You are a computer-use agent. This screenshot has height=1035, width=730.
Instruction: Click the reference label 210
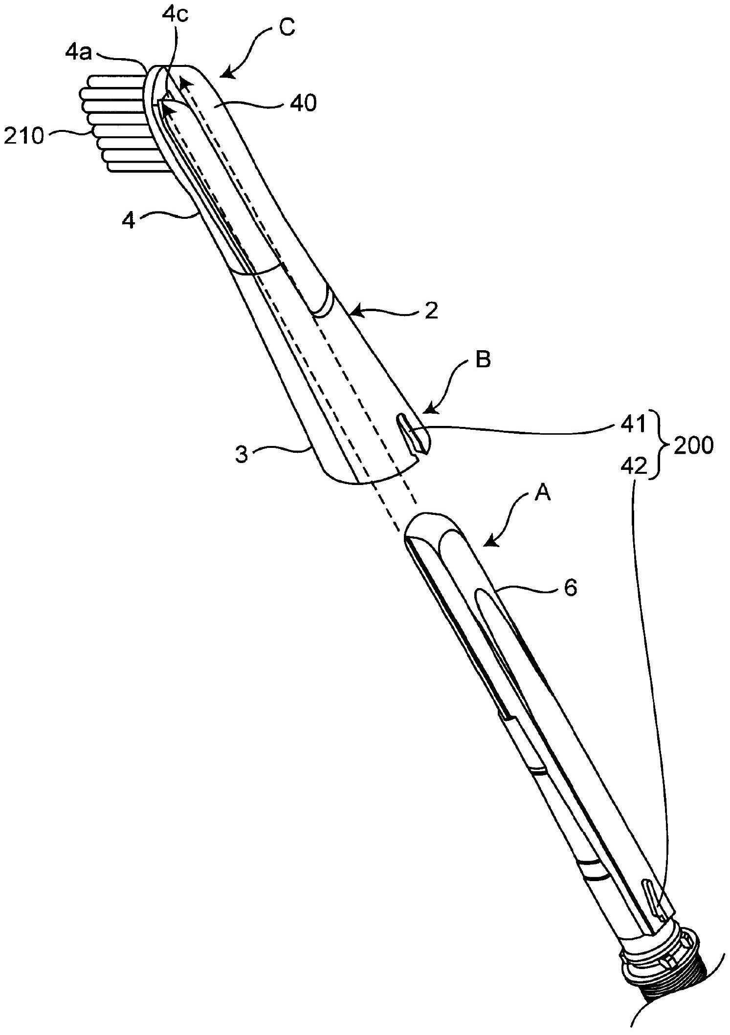(x=24, y=137)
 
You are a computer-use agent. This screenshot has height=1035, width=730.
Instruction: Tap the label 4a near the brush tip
(x=78, y=52)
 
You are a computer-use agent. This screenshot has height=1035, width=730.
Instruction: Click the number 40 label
(x=303, y=104)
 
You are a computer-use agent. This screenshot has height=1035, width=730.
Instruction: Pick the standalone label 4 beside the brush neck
(x=128, y=220)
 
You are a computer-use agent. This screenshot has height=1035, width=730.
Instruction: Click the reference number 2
(x=431, y=312)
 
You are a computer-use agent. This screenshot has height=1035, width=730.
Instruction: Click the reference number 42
(x=635, y=467)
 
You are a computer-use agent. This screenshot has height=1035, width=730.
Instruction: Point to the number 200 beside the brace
(x=694, y=446)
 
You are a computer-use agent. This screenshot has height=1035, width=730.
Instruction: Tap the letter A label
(x=543, y=495)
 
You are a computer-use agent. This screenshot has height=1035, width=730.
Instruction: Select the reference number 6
(x=570, y=588)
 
